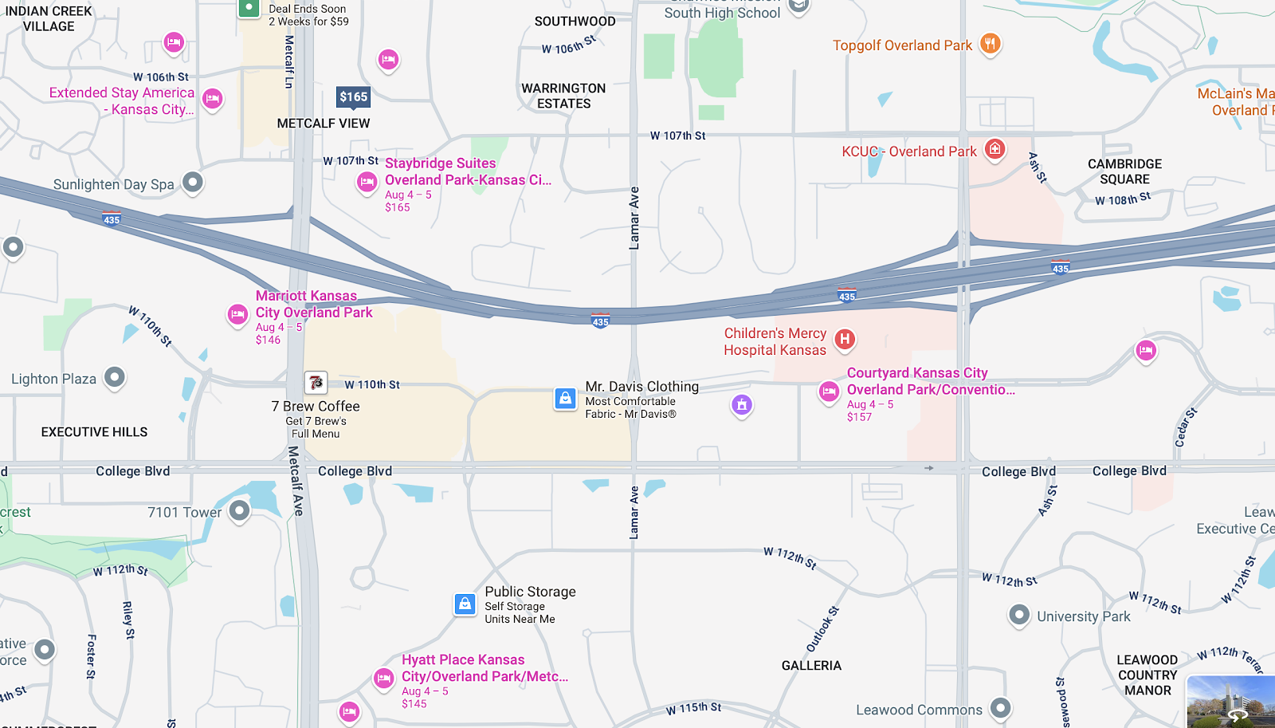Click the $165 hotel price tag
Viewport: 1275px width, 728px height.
click(x=354, y=97)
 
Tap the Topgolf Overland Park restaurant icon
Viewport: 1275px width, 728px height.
click(x=990, y=44)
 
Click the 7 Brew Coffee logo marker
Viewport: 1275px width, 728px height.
click(x=316, y=383)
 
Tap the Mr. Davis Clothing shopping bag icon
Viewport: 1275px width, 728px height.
click(x=565, y=398)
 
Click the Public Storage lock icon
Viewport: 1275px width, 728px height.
click(x=465, y=604)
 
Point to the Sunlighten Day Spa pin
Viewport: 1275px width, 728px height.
click(x=192, y=183)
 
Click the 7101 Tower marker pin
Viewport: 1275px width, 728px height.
click(x=239, y=510)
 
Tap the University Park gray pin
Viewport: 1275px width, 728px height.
click(x=1019, y=615)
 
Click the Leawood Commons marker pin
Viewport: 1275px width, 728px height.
click(x=1000, y=707)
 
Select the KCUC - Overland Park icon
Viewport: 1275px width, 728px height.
click(x=994, y=149)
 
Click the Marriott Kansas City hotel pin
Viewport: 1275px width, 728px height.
click(x=237, y=315)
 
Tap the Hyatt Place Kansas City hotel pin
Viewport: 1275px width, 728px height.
click(x=384, y=679)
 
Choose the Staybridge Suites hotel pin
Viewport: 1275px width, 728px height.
click(x=367, y=183)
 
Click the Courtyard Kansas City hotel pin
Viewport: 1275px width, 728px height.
click(x=829, y=392)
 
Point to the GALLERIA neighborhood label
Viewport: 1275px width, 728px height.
click(x=811, y=666)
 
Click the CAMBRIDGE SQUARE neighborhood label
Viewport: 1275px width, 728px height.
click(x=1124, y=171)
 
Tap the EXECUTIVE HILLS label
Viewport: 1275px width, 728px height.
click(x=94, y=432)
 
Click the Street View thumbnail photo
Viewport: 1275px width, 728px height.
click(x=1230, y=702)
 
